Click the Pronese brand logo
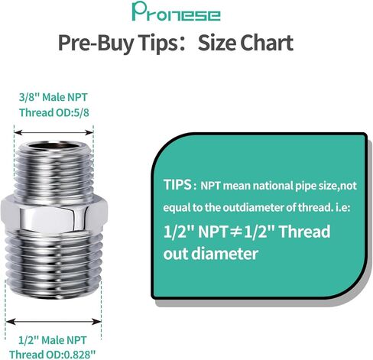click(176, 11)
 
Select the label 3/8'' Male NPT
click(54, 97)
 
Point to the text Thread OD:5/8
click(54, 112)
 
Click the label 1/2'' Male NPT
click(53, 340)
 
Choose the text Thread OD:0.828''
click(53, 355)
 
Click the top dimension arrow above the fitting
click(54, 132)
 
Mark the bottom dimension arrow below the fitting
click(54, 322)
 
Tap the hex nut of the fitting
click(54, 216)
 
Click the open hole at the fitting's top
click(54, 146)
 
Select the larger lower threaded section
click(54, 264)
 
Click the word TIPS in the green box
click(177, 184)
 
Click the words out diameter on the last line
click(211, 254)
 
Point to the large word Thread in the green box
click(304, 232)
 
